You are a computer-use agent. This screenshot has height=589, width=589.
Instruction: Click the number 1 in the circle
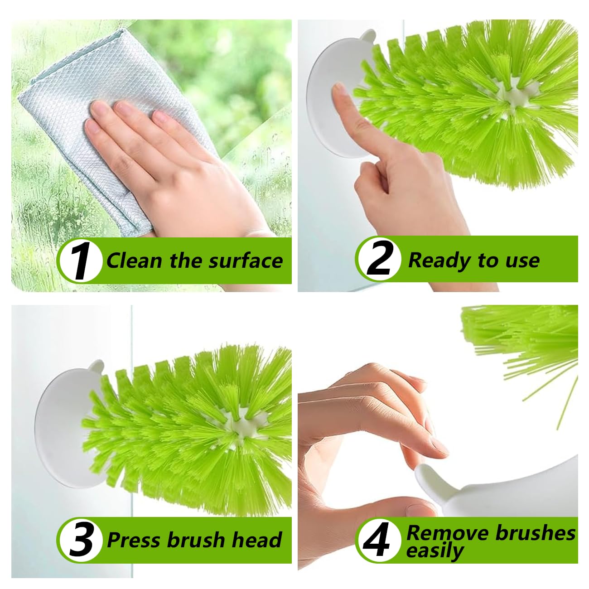click(x=81, y=261)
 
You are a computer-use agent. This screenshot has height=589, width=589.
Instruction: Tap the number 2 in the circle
click(x=379, y=260)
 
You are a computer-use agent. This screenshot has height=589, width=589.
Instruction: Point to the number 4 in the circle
click(x=377, y=540)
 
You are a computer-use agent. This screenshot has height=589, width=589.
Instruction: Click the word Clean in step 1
click(x=134, y=261)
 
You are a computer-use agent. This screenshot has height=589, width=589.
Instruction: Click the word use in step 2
click(x=522, y=261)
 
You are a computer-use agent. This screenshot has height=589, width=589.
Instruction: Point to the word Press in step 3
click(x=134, y=540)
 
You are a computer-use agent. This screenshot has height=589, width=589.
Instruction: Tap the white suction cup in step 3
click(x=59, y=435)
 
